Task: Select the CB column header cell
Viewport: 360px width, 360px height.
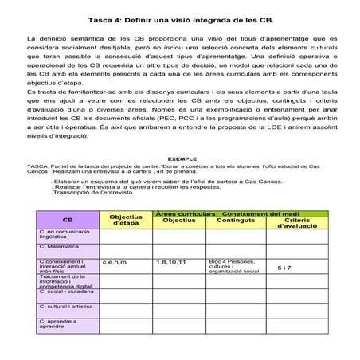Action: point(68,221)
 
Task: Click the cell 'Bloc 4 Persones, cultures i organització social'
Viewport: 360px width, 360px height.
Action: point(234,266)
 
